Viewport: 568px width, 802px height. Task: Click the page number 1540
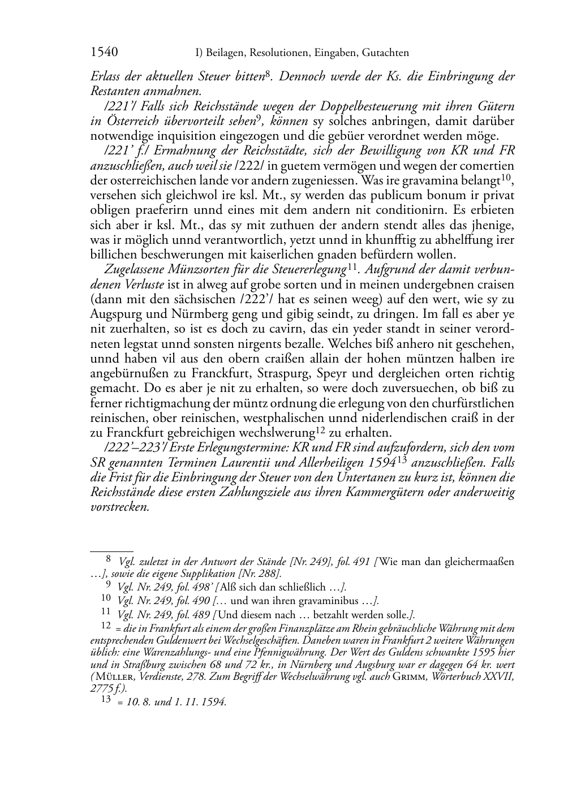pos(104,53)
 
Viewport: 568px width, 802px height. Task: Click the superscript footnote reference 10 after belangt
pos(506,178)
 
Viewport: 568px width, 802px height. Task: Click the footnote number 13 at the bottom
pos(105,700)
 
